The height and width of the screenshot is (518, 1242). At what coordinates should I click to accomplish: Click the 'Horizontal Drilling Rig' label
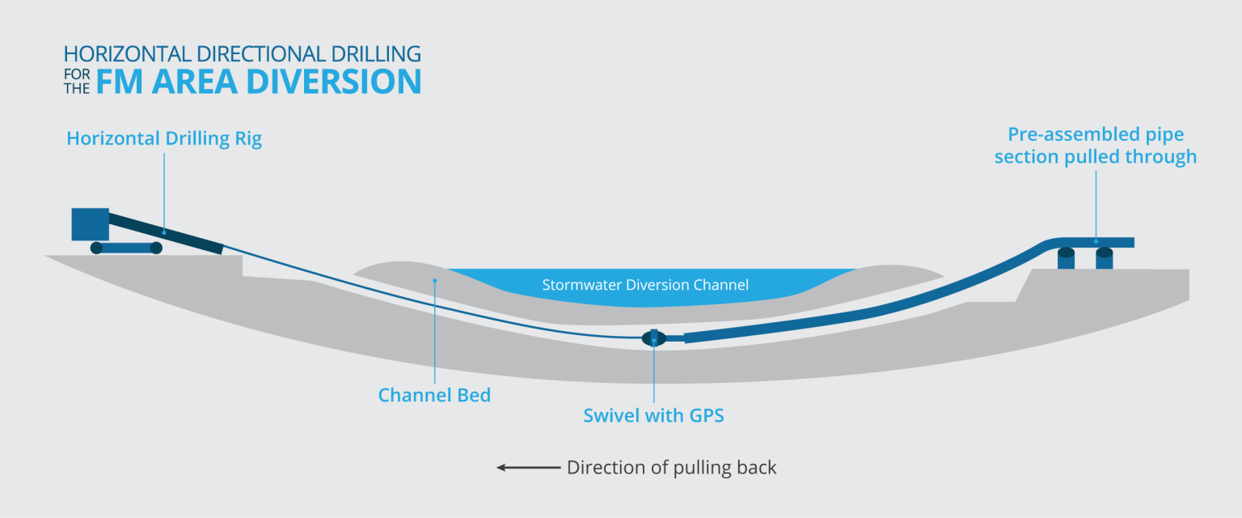pos(164,138)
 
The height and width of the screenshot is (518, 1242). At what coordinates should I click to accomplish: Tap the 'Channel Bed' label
pos(434,395)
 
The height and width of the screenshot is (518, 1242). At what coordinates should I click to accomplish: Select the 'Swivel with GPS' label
pos(653,415)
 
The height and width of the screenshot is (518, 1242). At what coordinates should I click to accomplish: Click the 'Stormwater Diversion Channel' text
pos(645,285)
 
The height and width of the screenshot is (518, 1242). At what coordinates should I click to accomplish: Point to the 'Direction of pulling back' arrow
pos(528,468)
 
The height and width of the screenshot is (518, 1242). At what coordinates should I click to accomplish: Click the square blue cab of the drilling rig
pos(91,224)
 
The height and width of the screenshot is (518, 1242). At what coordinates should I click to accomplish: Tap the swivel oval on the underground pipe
pos(653,338)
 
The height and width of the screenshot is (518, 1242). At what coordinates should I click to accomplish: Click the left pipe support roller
pos(1066,259)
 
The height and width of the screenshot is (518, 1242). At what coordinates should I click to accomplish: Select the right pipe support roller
pos(1104,259)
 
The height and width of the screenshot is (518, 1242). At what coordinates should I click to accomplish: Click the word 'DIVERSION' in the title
pos(333,82)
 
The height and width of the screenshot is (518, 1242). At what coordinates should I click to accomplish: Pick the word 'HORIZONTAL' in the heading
pos(127,54)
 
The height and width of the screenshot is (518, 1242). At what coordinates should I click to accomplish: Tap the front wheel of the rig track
pos(156,248)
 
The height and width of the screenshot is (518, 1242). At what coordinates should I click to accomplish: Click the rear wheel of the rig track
pos(96,248)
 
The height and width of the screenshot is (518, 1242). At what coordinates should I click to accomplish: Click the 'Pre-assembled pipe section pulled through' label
pos(1096,146)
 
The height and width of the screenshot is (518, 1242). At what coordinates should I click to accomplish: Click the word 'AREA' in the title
pos(194,82)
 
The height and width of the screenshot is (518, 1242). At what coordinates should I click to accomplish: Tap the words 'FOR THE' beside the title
pos(77,82)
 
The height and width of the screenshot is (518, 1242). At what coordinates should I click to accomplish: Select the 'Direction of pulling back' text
pos(671,468)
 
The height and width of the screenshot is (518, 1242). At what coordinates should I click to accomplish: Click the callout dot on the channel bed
pos(435,281)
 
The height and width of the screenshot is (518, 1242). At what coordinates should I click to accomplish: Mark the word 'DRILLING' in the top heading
pos(376,54)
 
